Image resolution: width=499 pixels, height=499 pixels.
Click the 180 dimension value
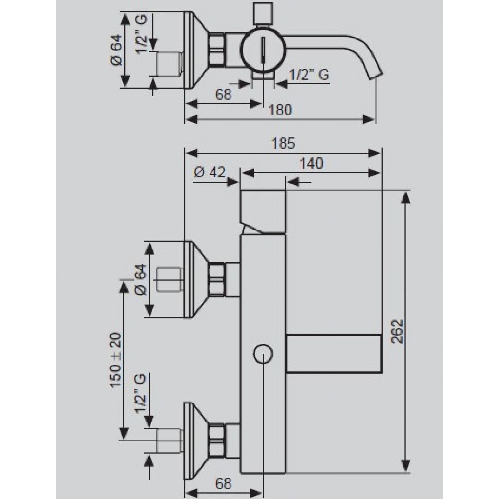click(280, 110)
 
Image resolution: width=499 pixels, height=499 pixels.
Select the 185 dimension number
click(283, 143)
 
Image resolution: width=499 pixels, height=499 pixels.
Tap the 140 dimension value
click(311, 164)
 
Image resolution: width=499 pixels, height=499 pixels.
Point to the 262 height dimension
click(397, 331)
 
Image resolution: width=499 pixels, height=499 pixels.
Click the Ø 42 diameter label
click(210, 173)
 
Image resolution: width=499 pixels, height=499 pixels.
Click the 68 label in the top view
click(223, 95)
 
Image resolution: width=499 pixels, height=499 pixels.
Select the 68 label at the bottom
click(223, 484)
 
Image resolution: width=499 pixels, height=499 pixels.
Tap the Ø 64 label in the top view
click(116, 50)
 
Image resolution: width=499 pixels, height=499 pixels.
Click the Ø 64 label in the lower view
click(141, 279)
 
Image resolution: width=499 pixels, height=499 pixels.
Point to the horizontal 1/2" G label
click(309, 75)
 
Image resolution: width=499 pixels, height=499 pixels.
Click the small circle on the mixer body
click(263, 354)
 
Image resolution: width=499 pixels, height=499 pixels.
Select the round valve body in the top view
click(263, 50)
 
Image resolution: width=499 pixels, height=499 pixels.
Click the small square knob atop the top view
click(263, 14)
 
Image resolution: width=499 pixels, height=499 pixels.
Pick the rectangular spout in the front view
click(334, 354)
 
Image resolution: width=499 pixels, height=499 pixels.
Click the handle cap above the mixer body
click(263, 212)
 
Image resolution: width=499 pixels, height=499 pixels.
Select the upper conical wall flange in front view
click(196, 279)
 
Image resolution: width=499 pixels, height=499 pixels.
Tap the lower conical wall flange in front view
click(196, 441)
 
